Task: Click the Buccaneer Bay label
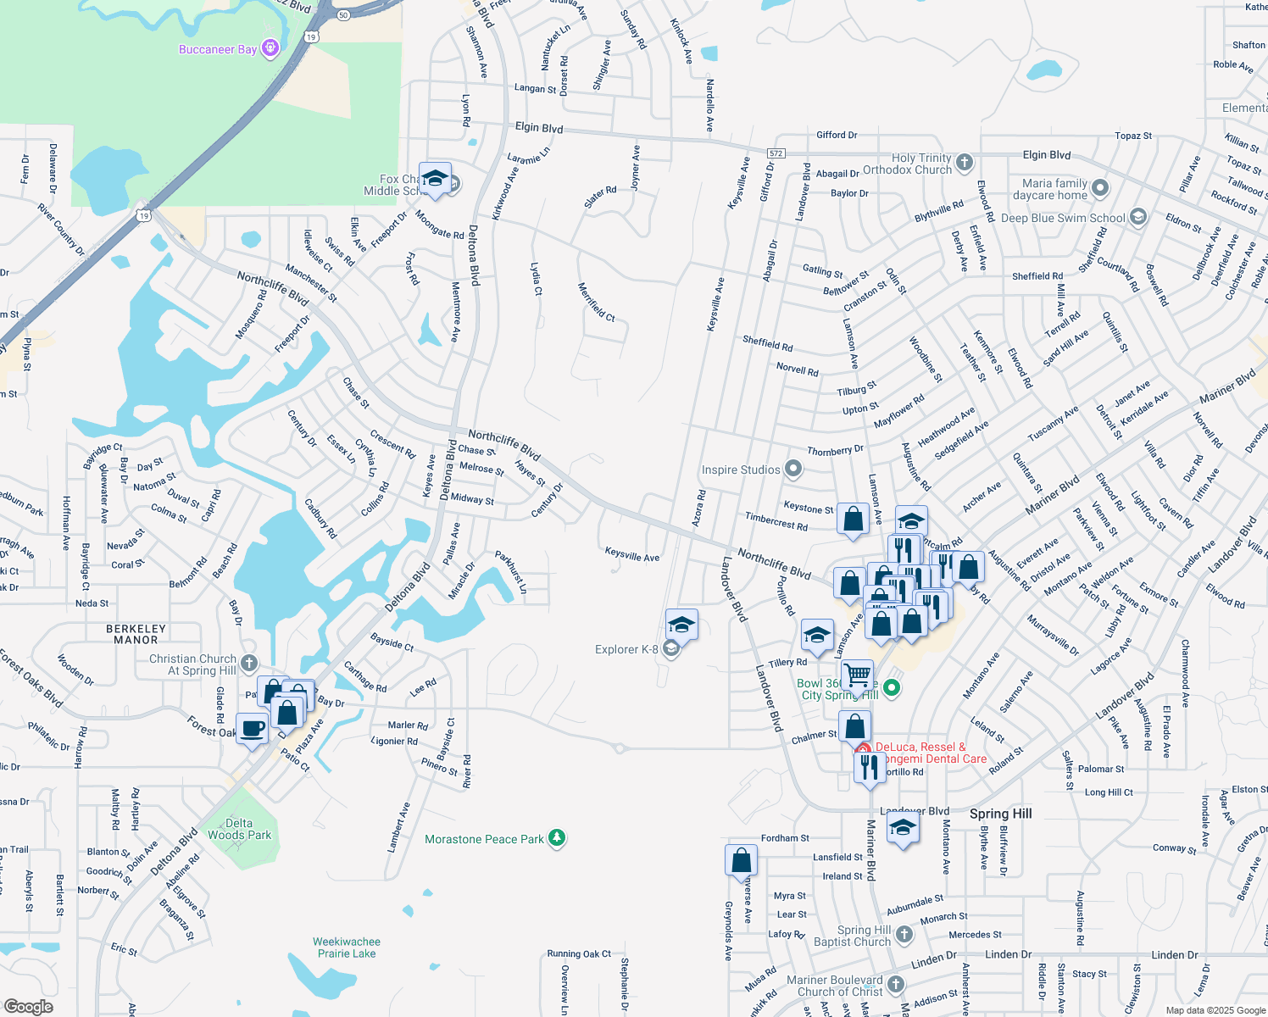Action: (218, 49)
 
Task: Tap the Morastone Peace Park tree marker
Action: (557, 838)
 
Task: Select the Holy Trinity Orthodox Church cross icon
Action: (965, 162)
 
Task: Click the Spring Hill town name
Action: (1000, 814)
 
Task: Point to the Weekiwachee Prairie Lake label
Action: (347, 948)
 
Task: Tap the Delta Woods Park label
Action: (240, 829)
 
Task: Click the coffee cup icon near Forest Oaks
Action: (252, 729)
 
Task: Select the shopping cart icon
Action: (858, 675)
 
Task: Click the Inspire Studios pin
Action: (793, 468)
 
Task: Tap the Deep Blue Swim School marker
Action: (1138, 217)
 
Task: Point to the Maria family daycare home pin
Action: (1100, 187)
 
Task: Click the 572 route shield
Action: (776, 153)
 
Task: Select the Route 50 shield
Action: (342, 14)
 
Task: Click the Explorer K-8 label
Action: (626, 649)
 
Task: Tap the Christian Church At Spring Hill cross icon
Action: (248, 663)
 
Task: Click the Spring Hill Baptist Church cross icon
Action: (904, 934)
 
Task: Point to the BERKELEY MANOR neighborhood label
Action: (136, 634)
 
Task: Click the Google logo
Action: (29, 1006)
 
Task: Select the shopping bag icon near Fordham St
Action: (741, 859)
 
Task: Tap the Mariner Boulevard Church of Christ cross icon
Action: (896, 985)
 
